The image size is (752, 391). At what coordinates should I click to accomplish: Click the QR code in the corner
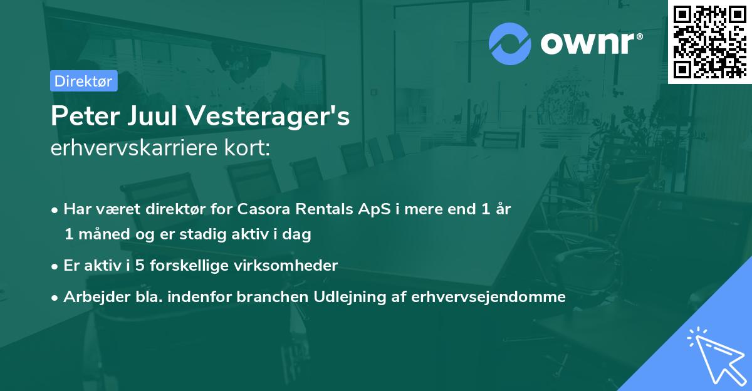click(709, 41)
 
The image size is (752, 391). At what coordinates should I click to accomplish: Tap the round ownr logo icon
click(509, 44)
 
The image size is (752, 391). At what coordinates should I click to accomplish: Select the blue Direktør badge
click(83, 81)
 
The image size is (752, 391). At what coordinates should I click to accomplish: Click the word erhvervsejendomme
click(488, 296)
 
